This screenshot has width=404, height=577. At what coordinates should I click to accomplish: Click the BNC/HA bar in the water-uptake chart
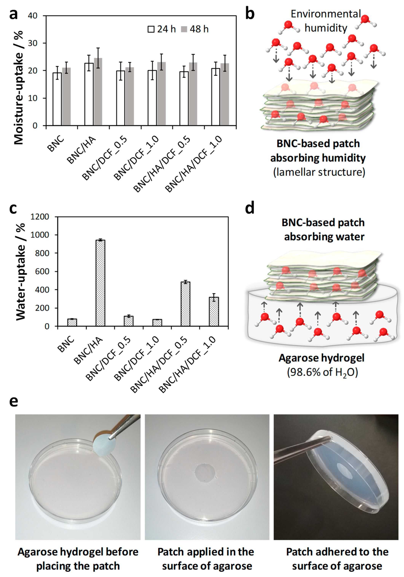[100, 283]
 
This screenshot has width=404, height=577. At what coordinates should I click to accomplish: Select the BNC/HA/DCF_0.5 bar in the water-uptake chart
[185, 304]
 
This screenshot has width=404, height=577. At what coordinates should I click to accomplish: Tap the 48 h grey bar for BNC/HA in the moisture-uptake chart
[98, 92]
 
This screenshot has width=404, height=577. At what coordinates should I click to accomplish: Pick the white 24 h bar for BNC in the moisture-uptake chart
[57, 99]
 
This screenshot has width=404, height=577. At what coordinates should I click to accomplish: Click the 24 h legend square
[151, 29]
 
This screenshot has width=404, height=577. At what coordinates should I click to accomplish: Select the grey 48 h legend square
[184, 29]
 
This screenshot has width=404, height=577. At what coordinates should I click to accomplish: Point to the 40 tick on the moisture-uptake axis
[33, 16]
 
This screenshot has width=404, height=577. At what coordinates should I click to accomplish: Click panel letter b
[250, 14]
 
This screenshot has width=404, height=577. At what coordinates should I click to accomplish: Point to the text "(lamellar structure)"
[319, 172]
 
